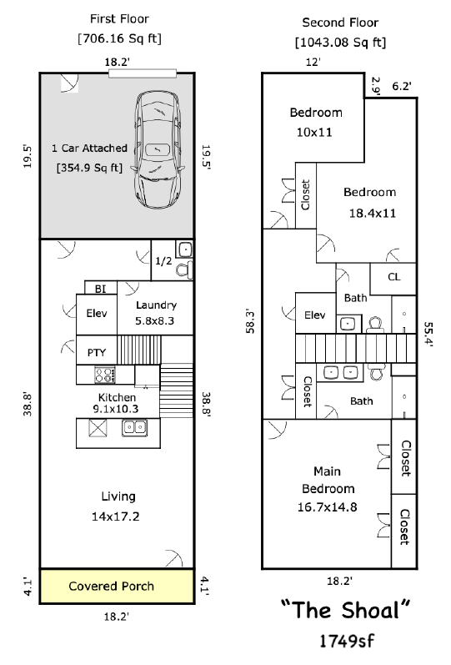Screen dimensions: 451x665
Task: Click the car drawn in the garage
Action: pos(158,149)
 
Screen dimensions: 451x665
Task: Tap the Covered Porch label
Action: pos(111,586)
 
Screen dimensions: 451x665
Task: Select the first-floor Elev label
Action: pos(96,314)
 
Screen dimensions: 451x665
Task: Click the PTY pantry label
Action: pos(96,352)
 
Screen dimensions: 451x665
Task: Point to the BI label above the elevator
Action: pos(100,289)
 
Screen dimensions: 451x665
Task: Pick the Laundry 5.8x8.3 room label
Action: pos(156,313)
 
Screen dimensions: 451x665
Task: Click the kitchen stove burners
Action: pos(105,375)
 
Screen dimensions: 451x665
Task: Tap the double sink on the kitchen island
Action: pos(135,427)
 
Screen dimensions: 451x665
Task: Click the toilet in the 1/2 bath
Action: pos(184,270)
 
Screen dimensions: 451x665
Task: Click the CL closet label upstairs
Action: pos(393,277)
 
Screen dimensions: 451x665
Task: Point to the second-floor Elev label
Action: pos(314,315)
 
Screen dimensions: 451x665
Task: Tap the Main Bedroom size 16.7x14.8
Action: pos(328,506)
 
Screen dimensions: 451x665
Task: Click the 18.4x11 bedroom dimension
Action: pos(372,213)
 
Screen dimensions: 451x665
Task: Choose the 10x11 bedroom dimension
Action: pos(314,133)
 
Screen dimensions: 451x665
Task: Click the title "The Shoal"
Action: pos(345,610)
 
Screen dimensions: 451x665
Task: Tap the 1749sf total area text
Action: pos(346,641)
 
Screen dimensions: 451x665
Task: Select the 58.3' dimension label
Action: pos(250,321)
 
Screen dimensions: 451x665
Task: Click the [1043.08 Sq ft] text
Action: pos(340,43)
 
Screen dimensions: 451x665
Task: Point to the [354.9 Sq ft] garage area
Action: pos(89,168)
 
